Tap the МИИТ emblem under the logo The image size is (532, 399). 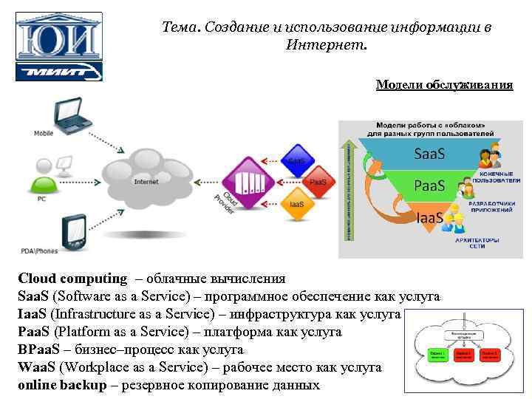pyautogui.click(x=59, y=71)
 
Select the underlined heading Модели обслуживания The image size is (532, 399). pyautogui.click(x=444, y=84)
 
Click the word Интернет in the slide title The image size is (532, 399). pyautogui.click(x=326, y=45)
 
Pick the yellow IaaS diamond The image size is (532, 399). pyautogui.click(x=296, y=204)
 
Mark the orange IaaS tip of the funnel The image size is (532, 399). pyautogui.click(x=429, y=217)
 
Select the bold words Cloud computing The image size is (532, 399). pyautogui.click(x=72, y=279)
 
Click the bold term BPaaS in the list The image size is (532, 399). pyautogui.click(x=36, y=349)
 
